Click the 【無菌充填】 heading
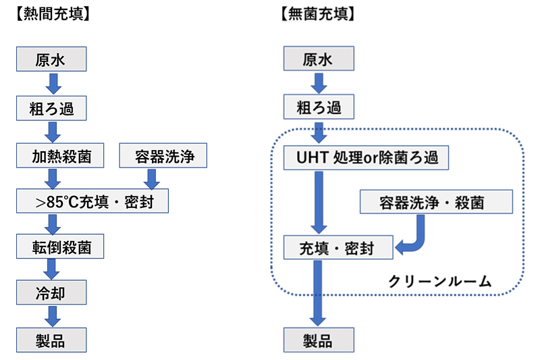tap(316, 13)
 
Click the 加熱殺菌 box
tap(61, 157)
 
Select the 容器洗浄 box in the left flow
tap(161, 157)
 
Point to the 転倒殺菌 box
tap(61, 247)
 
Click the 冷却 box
tap(52, 293)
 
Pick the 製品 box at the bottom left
tap(52, 339)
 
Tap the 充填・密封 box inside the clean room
tap(337, 248)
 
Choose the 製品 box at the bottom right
tap(318, 339)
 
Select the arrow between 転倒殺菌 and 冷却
tap(52, 270)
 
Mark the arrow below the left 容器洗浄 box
tap(152, 178)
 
